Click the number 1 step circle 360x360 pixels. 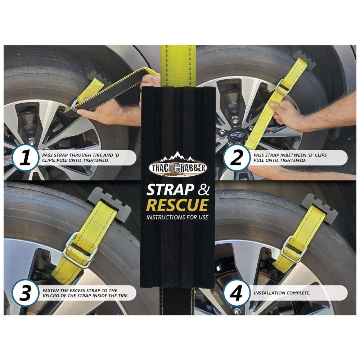coord(25,158)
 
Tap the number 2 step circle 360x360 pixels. coord(237,158)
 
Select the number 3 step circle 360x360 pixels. coord(25,293)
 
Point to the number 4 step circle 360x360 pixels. coord(237,293)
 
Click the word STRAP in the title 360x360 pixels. coord(170,190)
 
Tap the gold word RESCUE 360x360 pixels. coord(177,205)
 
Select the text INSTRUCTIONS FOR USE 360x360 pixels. coord(177,217)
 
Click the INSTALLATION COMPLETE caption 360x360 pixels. coord(282,293)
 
